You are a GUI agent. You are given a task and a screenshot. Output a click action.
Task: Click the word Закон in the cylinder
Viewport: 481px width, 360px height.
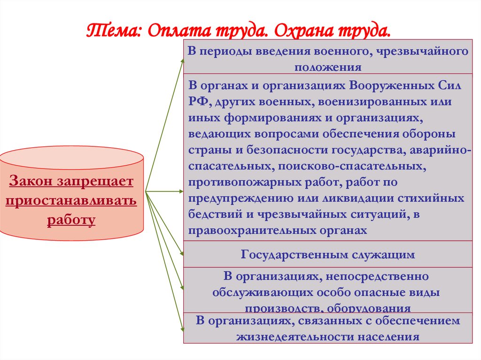tap(31, 181)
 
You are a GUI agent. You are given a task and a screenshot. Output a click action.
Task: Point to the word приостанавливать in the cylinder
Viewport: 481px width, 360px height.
tap(71, 200)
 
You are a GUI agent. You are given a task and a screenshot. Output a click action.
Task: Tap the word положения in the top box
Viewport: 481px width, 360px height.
tap(328, 67)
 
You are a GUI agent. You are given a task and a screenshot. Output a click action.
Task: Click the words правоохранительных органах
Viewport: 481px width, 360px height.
tap(277, 230)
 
